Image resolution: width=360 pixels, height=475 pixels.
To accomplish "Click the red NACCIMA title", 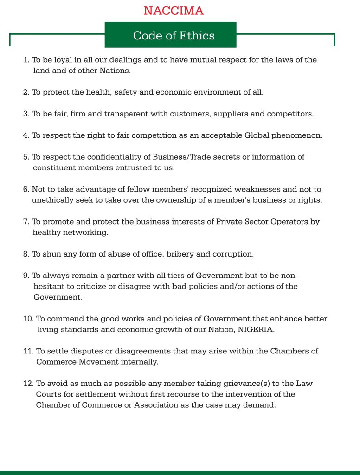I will click(x=174, y=11).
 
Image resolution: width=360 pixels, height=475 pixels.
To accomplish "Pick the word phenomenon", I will click(x=296, y=135).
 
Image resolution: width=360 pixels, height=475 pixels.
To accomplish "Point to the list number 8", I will click(x=26, y=254).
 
